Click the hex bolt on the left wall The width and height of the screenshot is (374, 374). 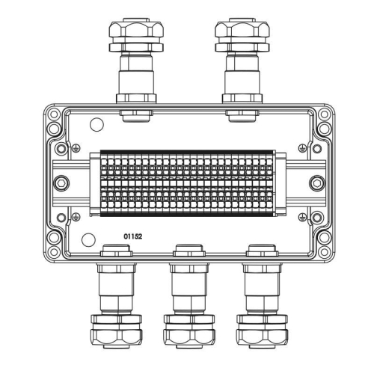coord(61,182)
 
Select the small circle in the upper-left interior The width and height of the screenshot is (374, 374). coord(96,125)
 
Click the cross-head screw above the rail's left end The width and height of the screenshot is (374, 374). coord(76,147)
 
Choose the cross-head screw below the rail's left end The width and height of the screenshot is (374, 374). coord(76,216)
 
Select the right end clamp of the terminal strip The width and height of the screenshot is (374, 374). coord(280,182)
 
